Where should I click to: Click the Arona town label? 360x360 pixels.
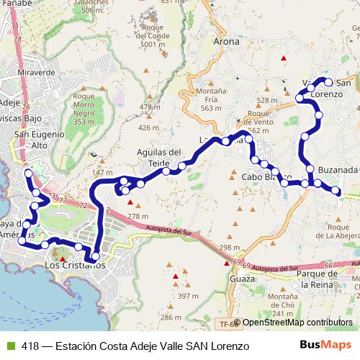click(x=226, y=42)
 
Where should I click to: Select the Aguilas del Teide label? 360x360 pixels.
click(x=158, y=158)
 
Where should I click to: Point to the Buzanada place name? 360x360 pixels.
click(x=336, y=170)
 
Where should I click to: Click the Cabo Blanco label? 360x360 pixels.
click(x=266, y=176)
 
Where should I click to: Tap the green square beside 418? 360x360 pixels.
click(x=10, y=346)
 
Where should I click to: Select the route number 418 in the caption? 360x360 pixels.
click(x=30, y=346)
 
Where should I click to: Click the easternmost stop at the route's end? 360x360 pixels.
click(x=336, y=190)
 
